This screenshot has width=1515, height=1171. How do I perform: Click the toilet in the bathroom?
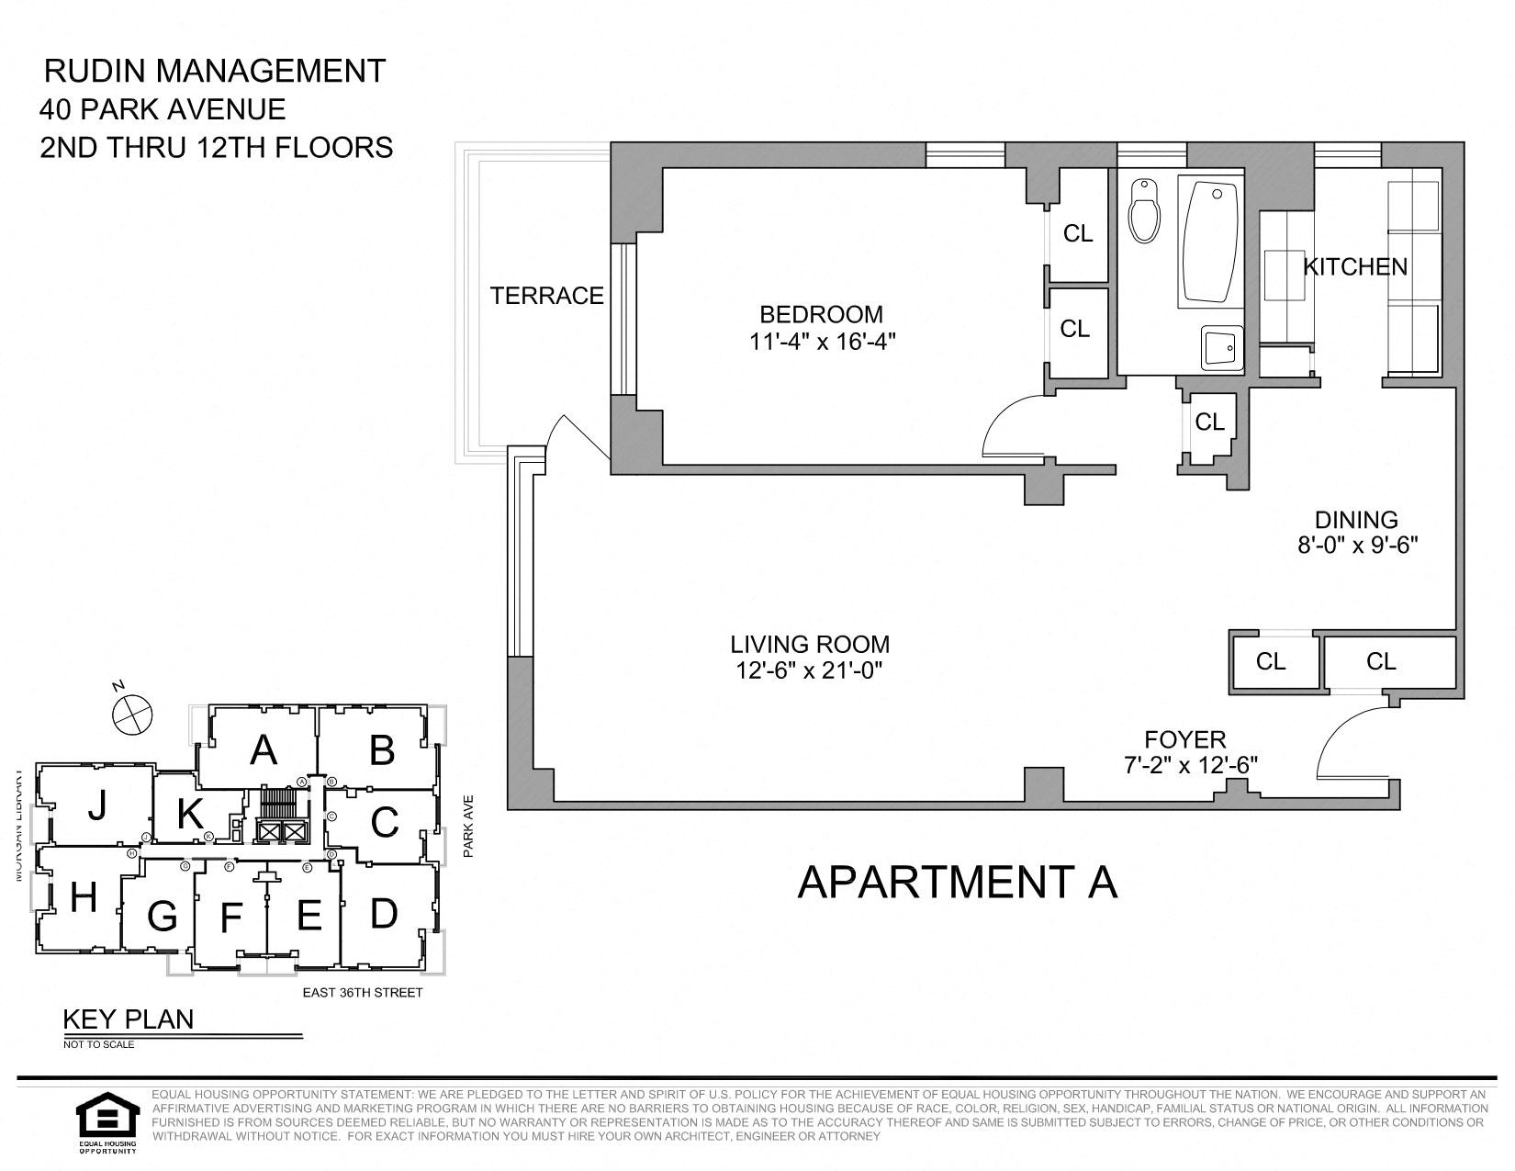point(1143,210)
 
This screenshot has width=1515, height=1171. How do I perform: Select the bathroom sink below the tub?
point(1221,348)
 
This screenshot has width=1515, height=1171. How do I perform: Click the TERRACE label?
point(546,296)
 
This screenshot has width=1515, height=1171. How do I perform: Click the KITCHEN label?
point(1355,267)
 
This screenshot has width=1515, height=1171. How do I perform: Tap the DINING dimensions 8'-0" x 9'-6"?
point(1357,545)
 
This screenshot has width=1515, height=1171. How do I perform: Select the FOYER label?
point(1184,739)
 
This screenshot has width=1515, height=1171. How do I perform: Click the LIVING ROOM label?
point(809,644)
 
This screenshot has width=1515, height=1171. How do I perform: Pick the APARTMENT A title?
point(958,882)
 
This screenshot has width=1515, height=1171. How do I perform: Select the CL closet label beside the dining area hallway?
point(1209,422)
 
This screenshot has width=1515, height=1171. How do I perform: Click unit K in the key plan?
point(189,814)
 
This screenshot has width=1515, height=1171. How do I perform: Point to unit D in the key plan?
point(383,913)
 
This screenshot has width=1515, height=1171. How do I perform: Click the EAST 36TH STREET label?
point(363,993)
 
